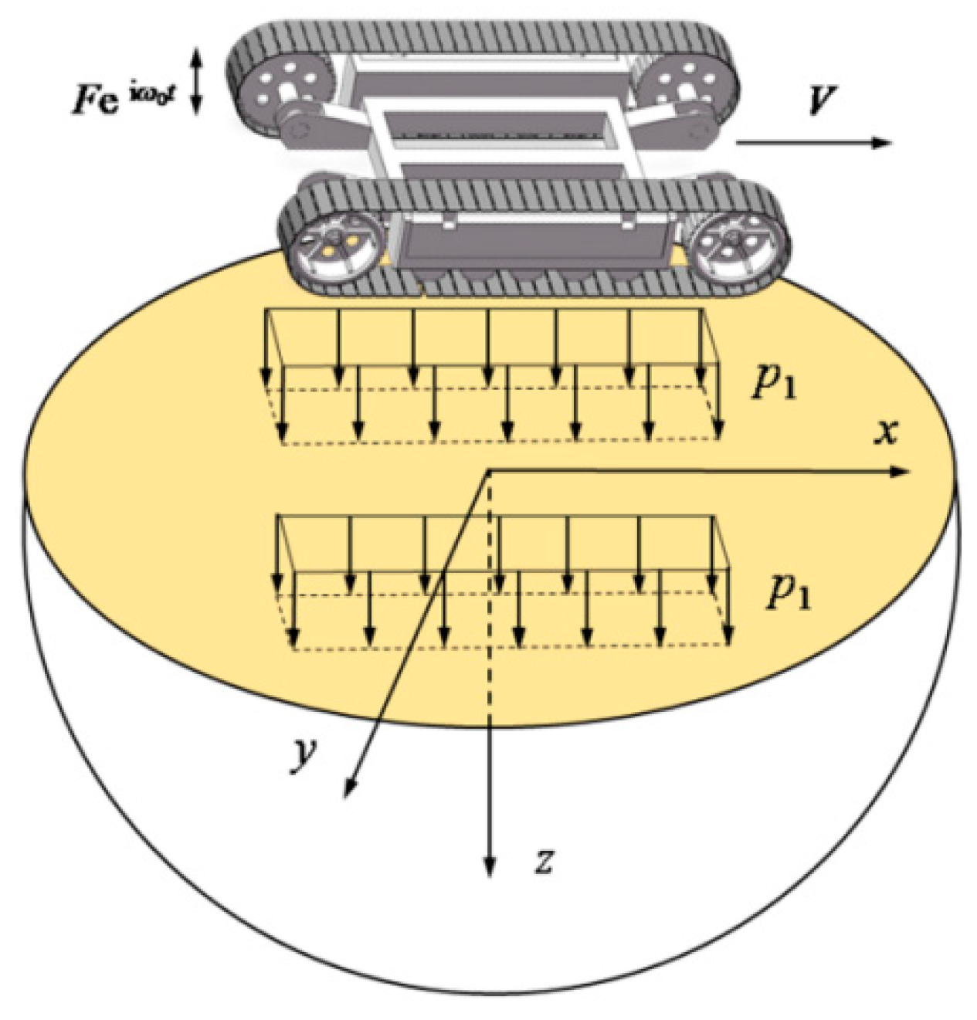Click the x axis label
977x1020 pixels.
tap(887, 432)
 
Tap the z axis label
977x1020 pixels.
tap(544, 859)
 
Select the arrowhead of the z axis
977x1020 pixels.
tap(488, 869)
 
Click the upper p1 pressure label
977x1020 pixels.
tap(774, 383)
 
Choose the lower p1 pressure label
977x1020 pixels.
tap(788, 592)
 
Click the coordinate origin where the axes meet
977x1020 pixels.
tap(488, 471)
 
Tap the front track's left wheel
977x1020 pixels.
tap(327, 246)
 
